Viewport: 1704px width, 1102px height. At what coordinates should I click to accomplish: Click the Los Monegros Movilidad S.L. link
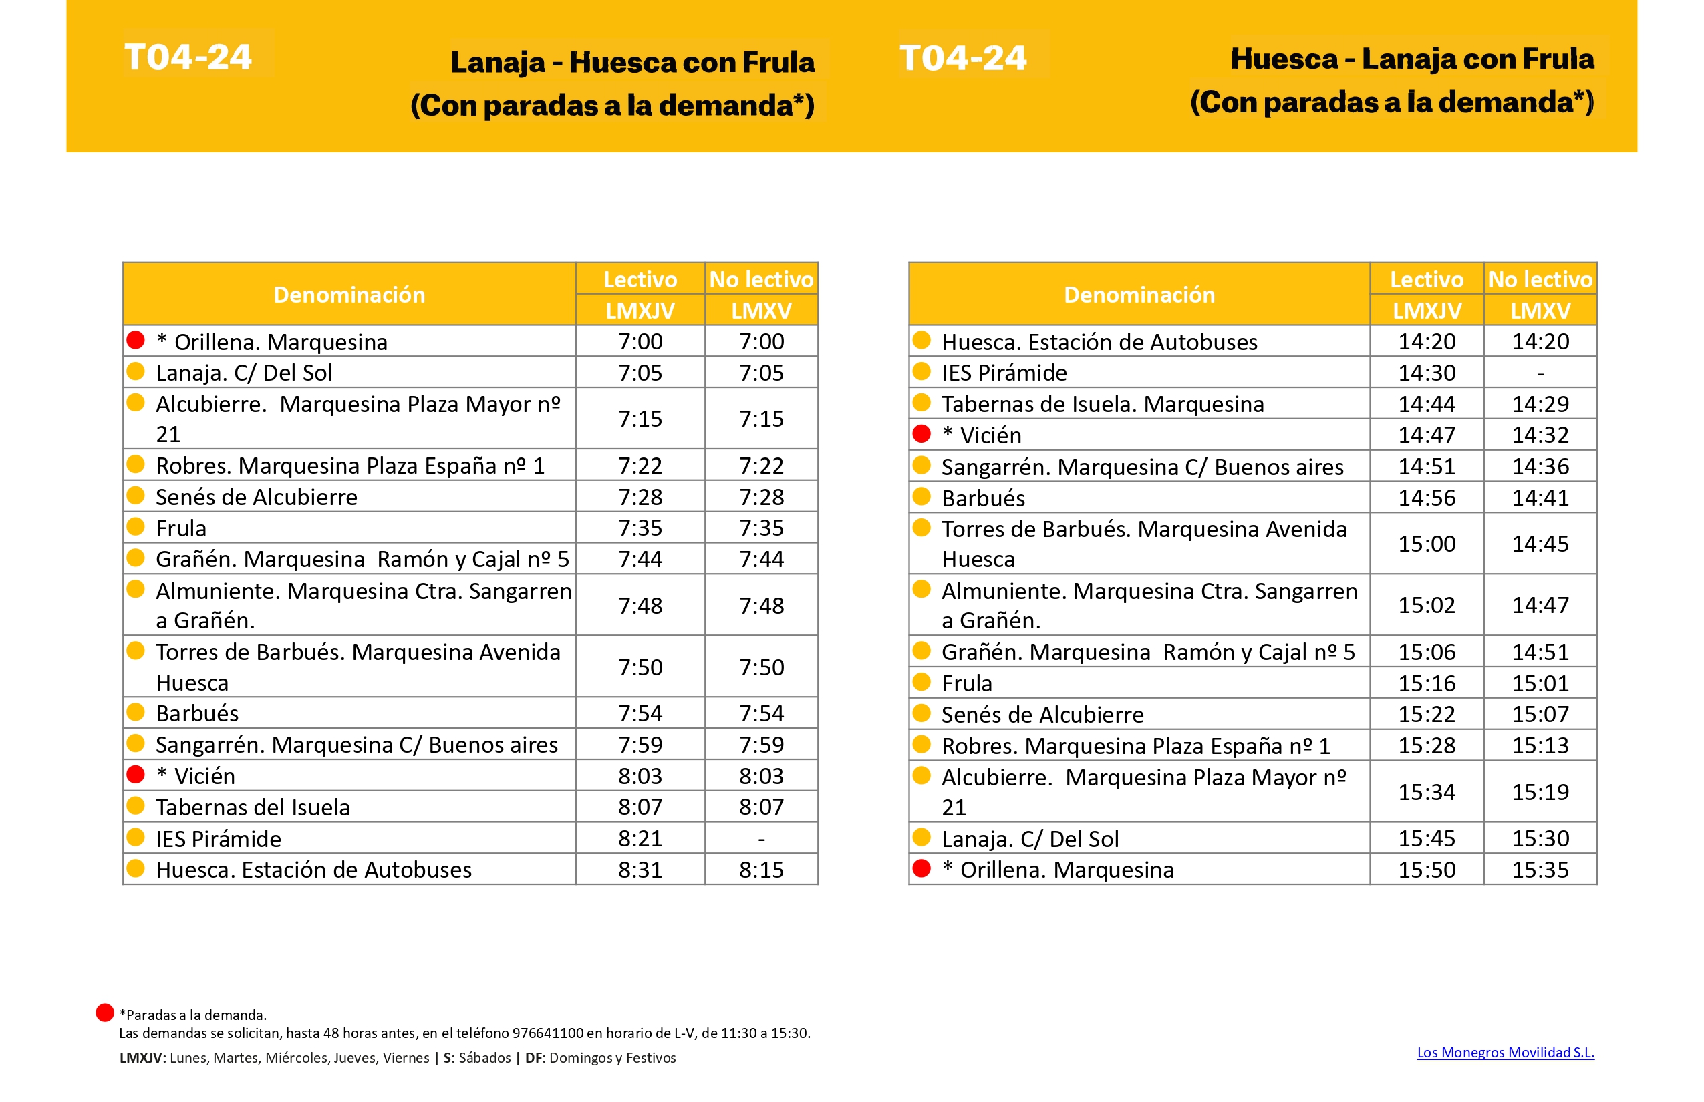click(1505, 1052)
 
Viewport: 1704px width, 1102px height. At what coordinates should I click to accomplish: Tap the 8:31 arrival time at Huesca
click(640, 870)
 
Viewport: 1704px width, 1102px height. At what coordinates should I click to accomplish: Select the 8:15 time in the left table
click(761, 870)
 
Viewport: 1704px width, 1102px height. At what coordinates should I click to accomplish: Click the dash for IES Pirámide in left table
click(761, 838)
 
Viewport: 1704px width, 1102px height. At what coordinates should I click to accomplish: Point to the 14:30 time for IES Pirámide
click(1426, 373)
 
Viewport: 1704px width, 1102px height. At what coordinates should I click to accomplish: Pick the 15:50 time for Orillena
click(1426, 870)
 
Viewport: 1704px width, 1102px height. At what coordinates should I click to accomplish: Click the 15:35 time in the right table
click(1540, 870)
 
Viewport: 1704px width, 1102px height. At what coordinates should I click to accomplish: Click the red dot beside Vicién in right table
click(921, 433)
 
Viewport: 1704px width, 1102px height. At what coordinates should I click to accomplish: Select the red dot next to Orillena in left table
click(135, 340)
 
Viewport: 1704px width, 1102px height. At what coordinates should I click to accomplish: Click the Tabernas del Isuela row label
click(253, 807)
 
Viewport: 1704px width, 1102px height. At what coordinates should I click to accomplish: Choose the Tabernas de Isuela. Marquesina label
click(1102, 404)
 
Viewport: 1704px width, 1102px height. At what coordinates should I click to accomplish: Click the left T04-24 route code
click(188, 57)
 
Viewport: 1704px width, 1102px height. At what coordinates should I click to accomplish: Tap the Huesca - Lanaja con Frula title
click(1412, 59)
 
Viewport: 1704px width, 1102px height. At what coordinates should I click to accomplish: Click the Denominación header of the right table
click(1139, 294)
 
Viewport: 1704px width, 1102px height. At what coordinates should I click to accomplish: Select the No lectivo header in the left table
click(761, 279)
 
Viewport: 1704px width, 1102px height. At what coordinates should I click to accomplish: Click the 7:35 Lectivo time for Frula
click(640, 528)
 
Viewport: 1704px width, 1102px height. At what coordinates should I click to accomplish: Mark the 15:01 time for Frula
click(1540, 683)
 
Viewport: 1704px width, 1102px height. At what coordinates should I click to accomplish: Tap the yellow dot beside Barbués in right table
click(921, 496)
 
